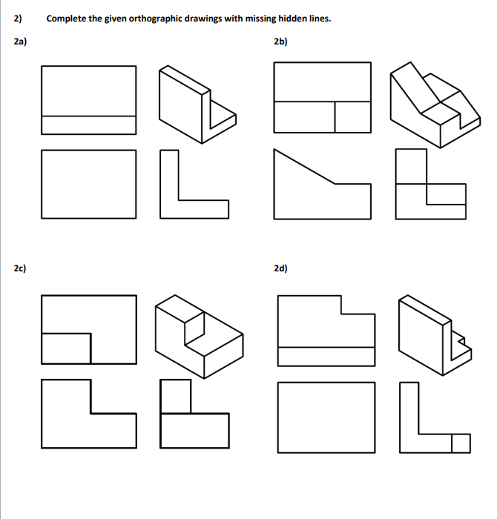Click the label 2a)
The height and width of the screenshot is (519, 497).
coord(21,42)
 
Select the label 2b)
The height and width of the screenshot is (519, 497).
coord(280,42)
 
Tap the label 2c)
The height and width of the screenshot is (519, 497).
coord(21,268)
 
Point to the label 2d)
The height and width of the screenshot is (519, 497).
coord(280,268)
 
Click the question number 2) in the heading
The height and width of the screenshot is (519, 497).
coord(18,19)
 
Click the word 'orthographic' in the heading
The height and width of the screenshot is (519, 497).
coord(156,19)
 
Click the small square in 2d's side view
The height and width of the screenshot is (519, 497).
coord(461,443)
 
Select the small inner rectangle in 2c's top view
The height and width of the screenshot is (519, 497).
coord(66,348)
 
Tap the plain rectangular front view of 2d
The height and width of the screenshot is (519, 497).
coord(326,415)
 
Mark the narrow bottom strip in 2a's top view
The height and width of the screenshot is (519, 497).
coord(88,125)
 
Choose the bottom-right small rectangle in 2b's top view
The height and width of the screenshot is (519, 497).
coord(352,116)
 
